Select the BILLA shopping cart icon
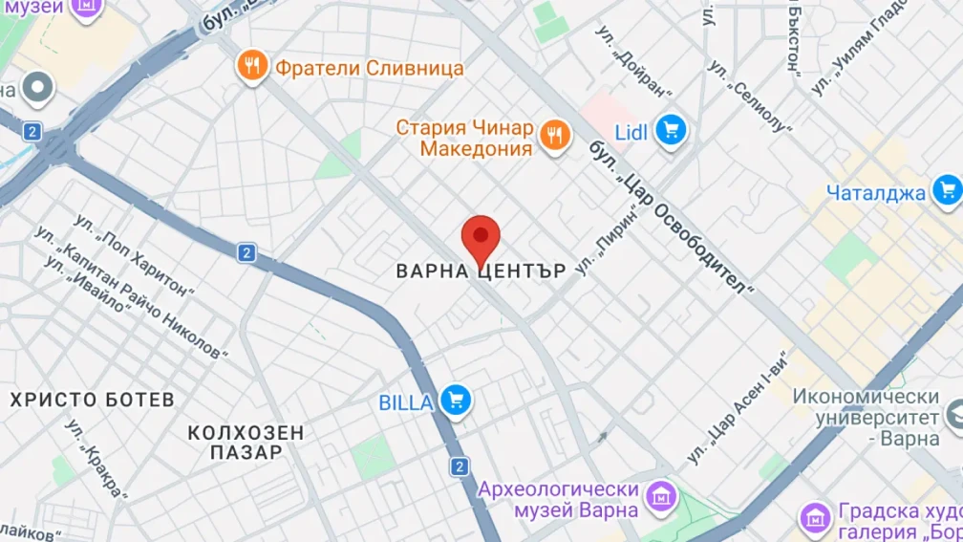click(x=456, y=401)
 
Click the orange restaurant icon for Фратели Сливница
click(x=252, y=67)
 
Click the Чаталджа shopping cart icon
click(x=946, y=191)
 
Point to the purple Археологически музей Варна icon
click(x=660, y=497)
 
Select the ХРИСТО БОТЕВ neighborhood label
click(x=93, y=400)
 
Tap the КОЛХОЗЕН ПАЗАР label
click(x=246, y=443)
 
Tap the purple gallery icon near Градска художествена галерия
click(x=815, y=519)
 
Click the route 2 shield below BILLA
click(x=460, y=466)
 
